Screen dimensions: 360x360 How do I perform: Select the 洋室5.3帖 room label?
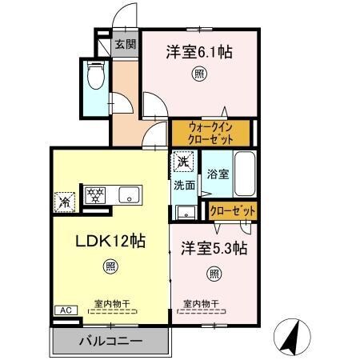pyautogui.click(x=213, y=248)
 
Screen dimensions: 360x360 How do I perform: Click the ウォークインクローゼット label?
pyautogui.click(x=211, y=132)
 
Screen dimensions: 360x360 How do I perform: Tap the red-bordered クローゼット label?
pyautogui.click(x=234, y=210)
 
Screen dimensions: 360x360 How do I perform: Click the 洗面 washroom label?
pyautogui.click(x=184, y=186)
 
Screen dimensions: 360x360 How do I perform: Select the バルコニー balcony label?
pyautogui.click(x=110, y=340)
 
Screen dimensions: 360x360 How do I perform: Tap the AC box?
pyautogui.click(x=62, y=310)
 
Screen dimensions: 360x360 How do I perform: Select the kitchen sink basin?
pyautogui.click(x=129, y=194)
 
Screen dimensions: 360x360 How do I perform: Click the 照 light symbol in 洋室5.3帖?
pyautogui.click(x=214, y=274)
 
